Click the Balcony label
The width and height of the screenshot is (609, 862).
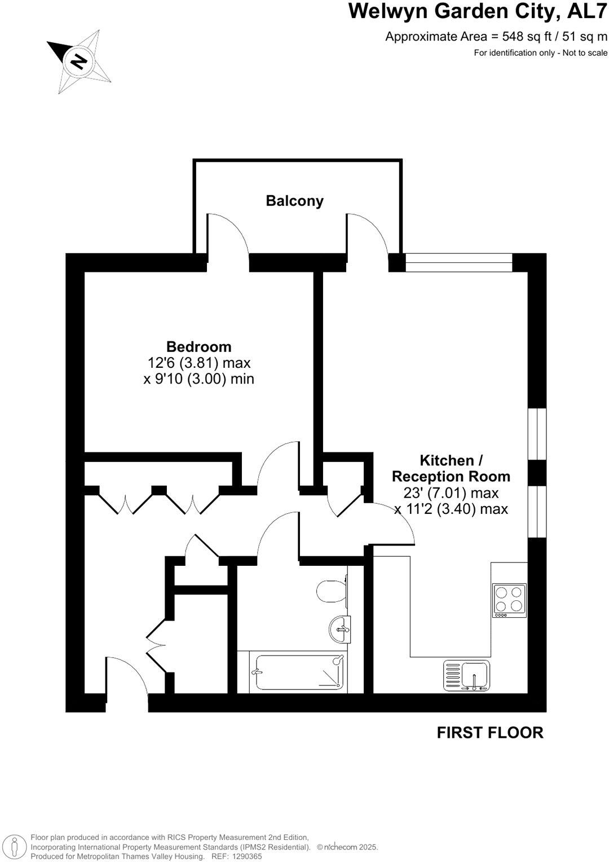click(x=294, y=201)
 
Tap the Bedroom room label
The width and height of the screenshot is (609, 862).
click(x=198, y=346)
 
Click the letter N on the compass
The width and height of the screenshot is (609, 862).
click(x=79, y=60)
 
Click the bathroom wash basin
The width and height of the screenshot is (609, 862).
click(x=341, y=628)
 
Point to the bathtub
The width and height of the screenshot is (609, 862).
click(x=299, y=671)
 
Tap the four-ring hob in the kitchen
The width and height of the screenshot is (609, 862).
click(x=509, y=600)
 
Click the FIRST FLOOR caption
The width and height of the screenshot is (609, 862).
click(x=490, y=733)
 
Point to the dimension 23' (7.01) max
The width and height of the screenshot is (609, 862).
click(x=451, y=493)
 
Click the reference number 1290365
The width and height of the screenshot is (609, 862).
click(x=244, y=856)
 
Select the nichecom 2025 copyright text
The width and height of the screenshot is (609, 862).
click(x=347, y=847)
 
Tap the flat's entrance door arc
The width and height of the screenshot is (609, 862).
click(x=127, y=675)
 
